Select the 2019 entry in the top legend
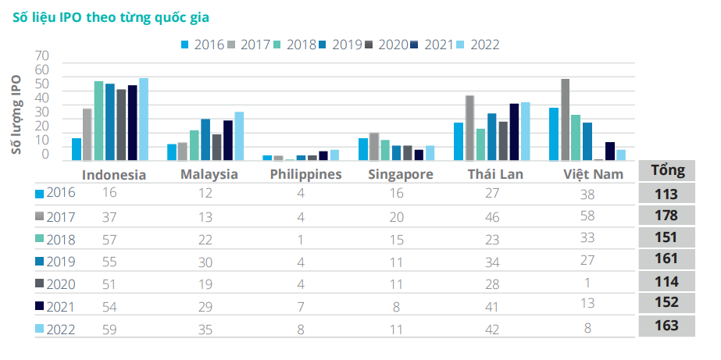click(x=341, y=45)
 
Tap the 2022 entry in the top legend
click(x=478, y=45)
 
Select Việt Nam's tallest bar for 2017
click(x=566, y=119)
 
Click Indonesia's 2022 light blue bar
click(x=144, y=119)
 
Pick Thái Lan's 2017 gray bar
click(x=469, y=127)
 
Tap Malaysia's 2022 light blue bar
click(x=239, y=136)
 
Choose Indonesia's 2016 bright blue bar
click(x=77, y=148)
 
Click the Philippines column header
click(x=305, y=174)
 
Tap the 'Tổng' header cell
click(x=667, y=170)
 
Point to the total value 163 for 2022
click(x=667, y=326)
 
